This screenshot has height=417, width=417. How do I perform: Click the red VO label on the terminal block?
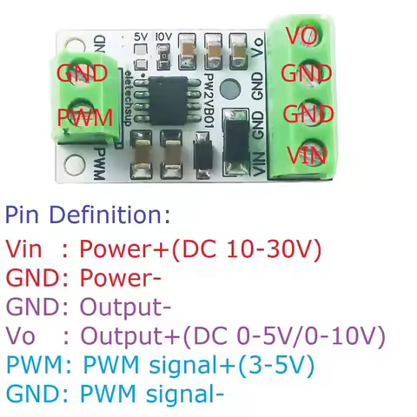301,35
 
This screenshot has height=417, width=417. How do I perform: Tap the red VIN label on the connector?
307,156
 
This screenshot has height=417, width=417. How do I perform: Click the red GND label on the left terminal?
82,73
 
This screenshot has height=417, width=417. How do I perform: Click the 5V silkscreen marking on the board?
142,36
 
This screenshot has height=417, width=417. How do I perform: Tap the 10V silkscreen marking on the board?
163,36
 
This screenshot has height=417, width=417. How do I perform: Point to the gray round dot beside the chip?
231,89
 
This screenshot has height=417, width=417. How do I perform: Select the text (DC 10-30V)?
248,249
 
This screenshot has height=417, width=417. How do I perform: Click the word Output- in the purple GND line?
125,308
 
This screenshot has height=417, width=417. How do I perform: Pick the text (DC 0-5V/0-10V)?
274,336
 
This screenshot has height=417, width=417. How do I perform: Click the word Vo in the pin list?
21,336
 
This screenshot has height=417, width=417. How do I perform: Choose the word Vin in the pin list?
25,249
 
